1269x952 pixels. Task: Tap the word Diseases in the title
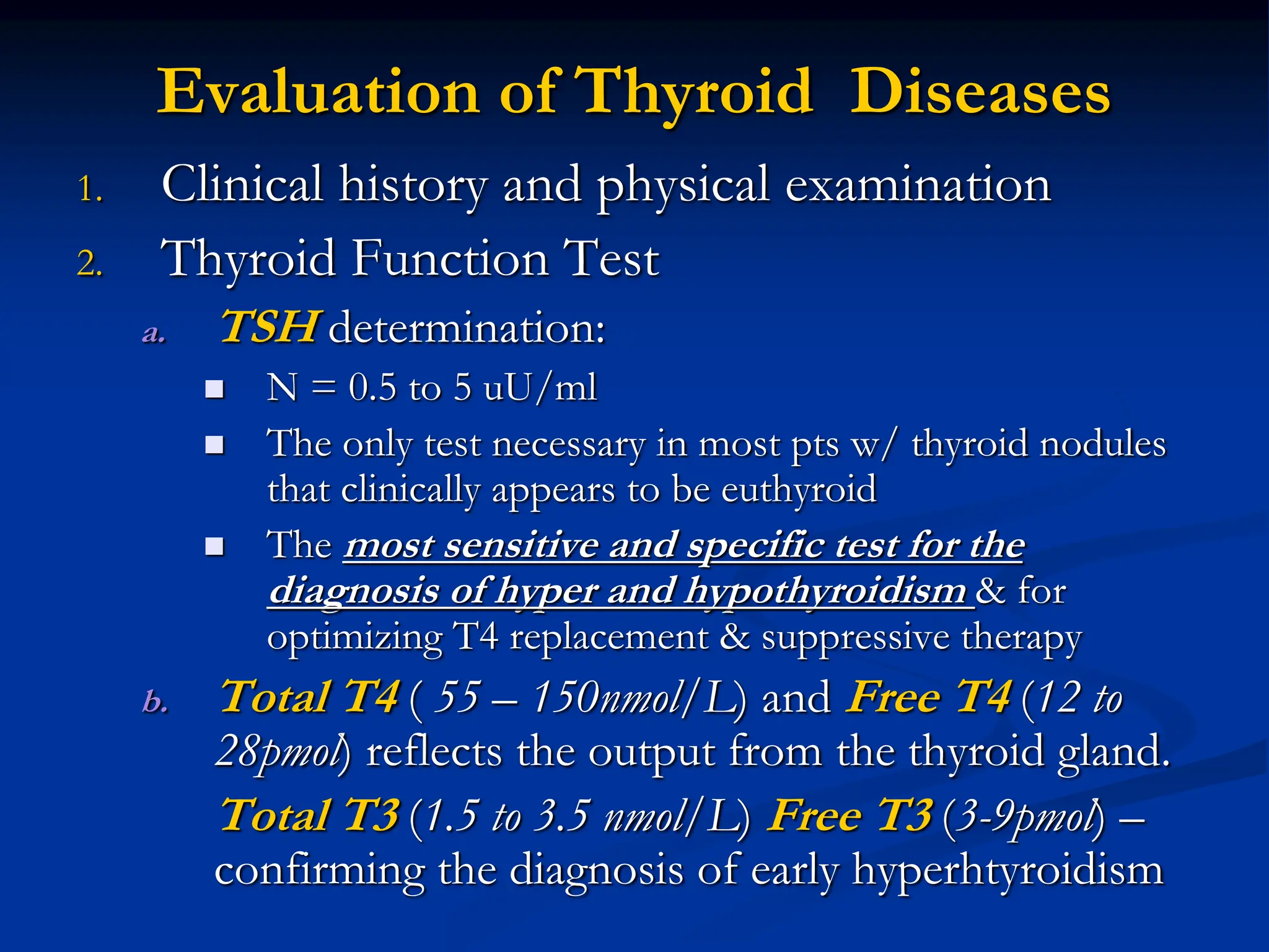[x=980, y=93]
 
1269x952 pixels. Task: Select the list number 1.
[x=90, y=189]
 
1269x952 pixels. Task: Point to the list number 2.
[x=90, y=263]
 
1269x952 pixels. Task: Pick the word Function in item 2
[x=450, y=258]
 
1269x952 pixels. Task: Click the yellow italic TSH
[x=270, y=327]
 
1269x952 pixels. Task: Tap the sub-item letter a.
[x=154, y=333]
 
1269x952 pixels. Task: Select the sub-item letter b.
[x=155, y=701]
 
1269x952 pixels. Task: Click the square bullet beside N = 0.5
[x=214, y=389]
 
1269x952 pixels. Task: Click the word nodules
[x=1102, y=444]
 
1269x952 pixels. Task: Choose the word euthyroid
[x=799, y=489]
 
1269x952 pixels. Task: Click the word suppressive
[x=855, y=637]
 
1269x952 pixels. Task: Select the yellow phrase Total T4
[x=309, y=697]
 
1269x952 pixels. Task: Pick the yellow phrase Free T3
[x=850, y=815]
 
